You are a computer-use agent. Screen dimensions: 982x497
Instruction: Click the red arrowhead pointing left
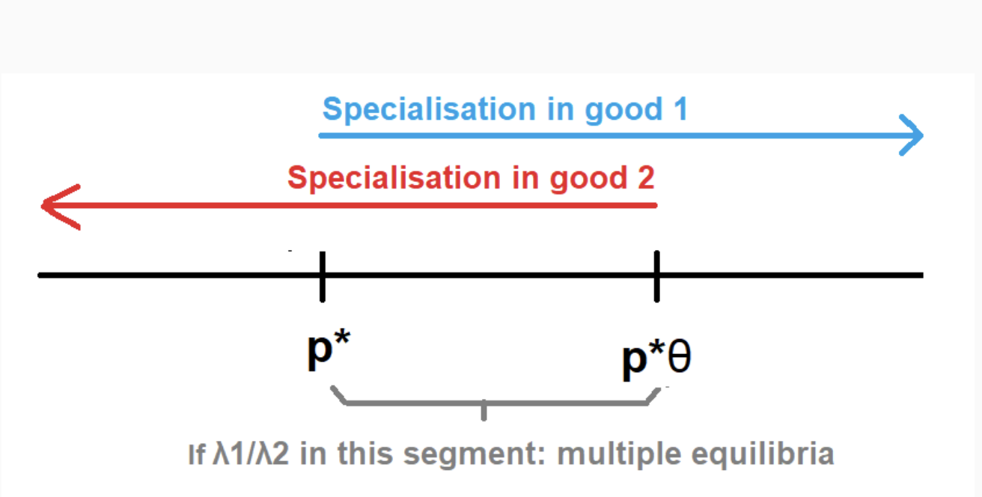(x=56, y=205)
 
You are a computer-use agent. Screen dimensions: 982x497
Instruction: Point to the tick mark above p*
(x=322, y=275)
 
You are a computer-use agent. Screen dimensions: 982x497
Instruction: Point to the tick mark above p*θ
(x=656, y=275)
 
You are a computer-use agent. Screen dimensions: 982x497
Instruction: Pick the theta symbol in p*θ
(x=679, y=361)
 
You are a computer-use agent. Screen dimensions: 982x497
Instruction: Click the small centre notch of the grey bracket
(x=484, y=411)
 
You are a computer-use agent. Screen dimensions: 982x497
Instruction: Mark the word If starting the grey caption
(x=196, y=454)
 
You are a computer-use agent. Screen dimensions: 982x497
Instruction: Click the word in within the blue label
(x=546, y=110)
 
